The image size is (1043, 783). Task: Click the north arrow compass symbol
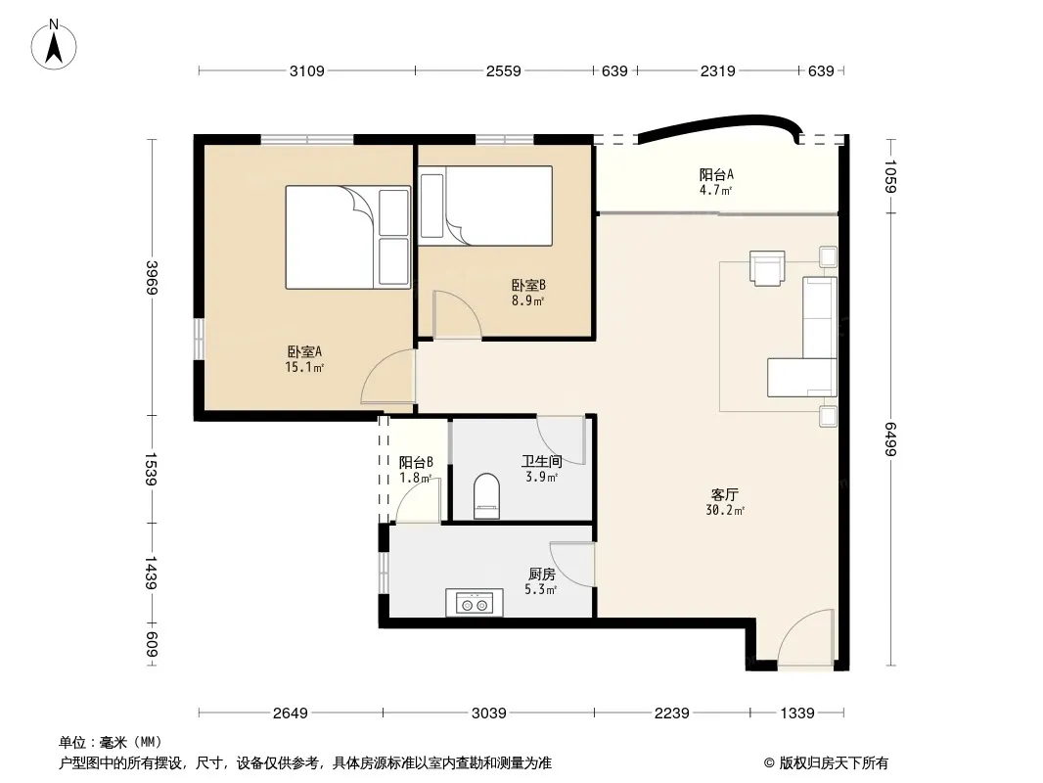(54, 45)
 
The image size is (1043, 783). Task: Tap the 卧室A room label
(304, 351)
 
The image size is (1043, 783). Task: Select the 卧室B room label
(528, 286)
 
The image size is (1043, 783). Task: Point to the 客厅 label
(724, 495)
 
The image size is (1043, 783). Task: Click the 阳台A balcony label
(716, 175)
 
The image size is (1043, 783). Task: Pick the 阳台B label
(417, 462)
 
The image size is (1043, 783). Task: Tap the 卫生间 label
(541, 461)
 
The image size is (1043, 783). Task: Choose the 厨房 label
(541, 574)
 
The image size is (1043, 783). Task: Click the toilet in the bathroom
(486, 495)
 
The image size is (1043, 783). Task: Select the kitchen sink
(475, 603)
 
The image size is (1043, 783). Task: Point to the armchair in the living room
(767, 267)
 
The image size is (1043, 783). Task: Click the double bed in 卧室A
(348, 238)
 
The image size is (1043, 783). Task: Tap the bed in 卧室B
(486, 206)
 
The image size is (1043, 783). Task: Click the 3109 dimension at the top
(306, 70)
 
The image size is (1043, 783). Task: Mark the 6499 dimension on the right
(891, 439)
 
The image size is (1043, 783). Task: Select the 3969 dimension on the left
(153, 277)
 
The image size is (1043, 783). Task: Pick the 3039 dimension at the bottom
(489, 714)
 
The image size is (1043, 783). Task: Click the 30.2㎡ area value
(725, 510)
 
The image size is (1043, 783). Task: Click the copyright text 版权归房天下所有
(834, 763)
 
